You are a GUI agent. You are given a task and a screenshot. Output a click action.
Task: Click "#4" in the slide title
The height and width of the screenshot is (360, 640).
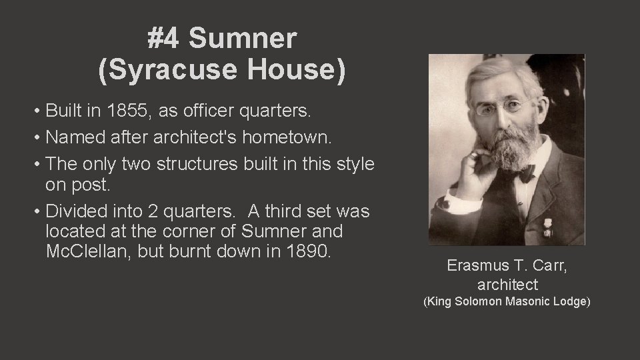click(x=164, y=40)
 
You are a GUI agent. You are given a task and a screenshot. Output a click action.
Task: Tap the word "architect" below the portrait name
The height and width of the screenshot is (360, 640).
click(x=507, y=285)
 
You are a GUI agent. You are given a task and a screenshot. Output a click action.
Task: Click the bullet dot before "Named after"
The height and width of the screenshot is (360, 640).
click(x=40, y=137)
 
